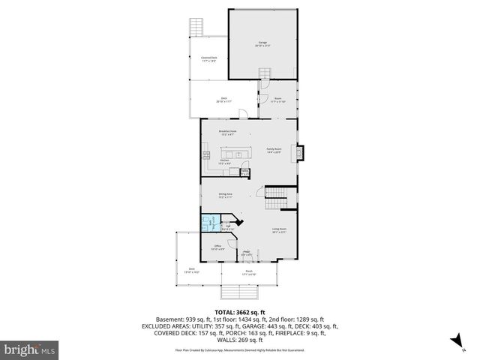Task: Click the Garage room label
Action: [x=263, y=43]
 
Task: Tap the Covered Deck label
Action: [x=208, y=58]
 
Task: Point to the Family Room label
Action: [x=274, y=151]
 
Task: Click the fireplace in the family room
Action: [x=300, y=152]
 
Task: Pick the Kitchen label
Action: [x=223, y=161]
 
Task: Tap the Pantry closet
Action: [x=245, y=172]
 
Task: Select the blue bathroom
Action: [x=208, y=223]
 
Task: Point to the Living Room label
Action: [x=279, y=231]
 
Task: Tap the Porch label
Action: [x=249, y=274]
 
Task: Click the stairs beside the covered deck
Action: [x=197, y=26]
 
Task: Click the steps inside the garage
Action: [x=264, y=74]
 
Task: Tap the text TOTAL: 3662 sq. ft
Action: [x=240, y=312]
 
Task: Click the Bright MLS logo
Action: [x=30, y=349]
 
